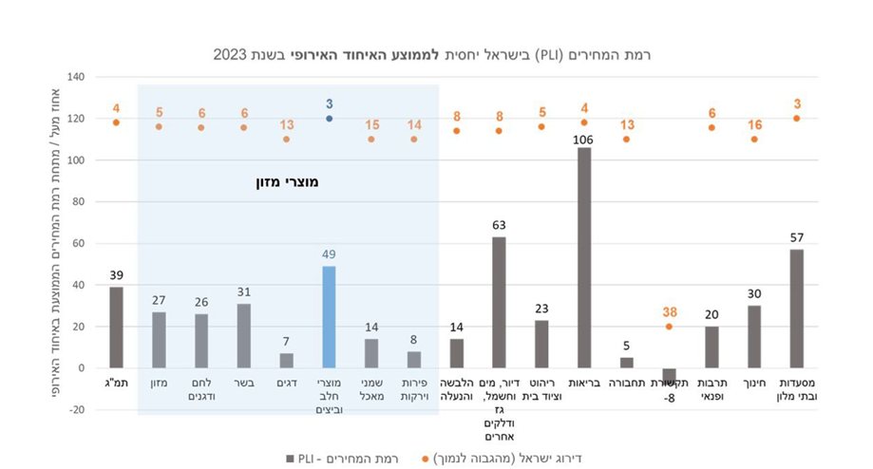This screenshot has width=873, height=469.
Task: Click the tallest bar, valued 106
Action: pos(583,257)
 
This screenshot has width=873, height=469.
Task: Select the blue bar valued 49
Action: pos(329,317)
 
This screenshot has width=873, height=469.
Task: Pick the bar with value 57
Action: pos(796,309)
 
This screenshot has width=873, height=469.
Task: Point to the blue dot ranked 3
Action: pos(329,119)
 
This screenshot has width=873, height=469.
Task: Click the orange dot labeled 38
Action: pos(669,327)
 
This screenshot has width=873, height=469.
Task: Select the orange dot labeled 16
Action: pos(754,139)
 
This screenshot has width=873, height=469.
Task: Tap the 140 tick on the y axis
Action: pos(76,77)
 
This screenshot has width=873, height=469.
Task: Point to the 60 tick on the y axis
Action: pos(78,243)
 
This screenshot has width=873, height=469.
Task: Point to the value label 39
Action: pos(116,275)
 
